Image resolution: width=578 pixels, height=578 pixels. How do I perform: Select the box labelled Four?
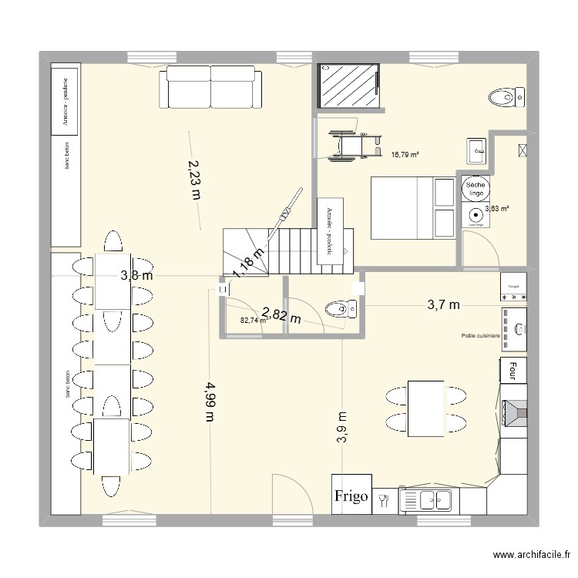point(512,371)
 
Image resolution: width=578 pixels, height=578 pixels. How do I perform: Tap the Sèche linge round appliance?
point(472,190)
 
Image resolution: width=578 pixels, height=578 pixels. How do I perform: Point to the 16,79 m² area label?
point(405,155)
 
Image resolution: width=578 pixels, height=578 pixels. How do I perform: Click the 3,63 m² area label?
point(496,208)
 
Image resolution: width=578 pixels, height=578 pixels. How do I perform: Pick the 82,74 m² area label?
point(253,321)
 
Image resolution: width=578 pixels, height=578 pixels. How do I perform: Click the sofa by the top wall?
point(211,86)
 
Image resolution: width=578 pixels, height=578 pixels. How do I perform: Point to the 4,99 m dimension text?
point(209,400)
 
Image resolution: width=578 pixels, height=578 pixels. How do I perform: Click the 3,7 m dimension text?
point(443,305)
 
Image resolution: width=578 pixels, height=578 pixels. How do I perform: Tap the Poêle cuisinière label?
point(481,336)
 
